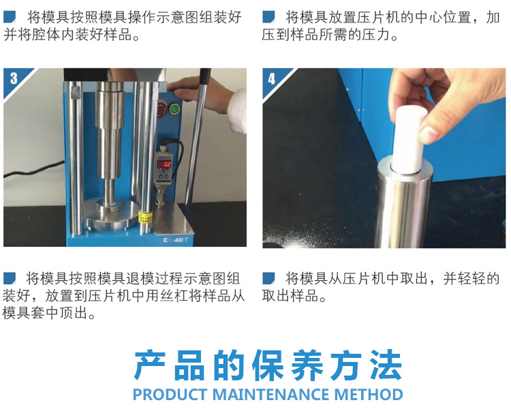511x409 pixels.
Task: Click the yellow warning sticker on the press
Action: (144, 217)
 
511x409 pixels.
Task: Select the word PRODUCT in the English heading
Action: (170, 394)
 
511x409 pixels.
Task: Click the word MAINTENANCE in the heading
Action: (272, 394)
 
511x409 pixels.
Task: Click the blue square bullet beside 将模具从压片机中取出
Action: (268, 278)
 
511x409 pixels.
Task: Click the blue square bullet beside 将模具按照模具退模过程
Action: (10, 278)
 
